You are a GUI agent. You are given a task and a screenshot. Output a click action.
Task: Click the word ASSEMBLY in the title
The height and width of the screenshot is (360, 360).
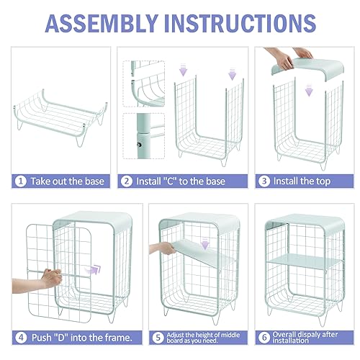pos(102,23)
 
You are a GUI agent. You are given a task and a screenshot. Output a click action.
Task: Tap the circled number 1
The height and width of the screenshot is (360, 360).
pos(21,181)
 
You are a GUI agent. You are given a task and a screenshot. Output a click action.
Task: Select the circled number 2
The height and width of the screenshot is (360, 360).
pos(127,181)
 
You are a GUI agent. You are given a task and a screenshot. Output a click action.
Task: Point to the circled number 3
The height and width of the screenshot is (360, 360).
pos(264,181)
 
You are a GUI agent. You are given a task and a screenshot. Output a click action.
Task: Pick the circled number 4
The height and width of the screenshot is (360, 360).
pos(21,338)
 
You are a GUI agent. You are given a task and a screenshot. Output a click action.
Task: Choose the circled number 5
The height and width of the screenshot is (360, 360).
pos(158,338)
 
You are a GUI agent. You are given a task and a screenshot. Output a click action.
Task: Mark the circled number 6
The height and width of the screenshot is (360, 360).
pos(264,338)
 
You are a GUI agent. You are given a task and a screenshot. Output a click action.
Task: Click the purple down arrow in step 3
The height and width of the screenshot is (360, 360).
pos(309,90)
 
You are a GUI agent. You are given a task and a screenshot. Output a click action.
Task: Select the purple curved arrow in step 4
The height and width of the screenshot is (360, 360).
pos(94,269)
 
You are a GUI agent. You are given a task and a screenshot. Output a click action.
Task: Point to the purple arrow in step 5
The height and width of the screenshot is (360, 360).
pos(204,243)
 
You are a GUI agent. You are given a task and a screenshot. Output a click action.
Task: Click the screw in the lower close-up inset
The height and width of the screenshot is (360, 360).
pos(139,145)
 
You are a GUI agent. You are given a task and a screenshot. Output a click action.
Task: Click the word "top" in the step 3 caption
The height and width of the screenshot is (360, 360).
pos(323,181)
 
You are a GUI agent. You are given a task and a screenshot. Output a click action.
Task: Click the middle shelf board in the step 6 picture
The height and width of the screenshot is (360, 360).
pos(305,261)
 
